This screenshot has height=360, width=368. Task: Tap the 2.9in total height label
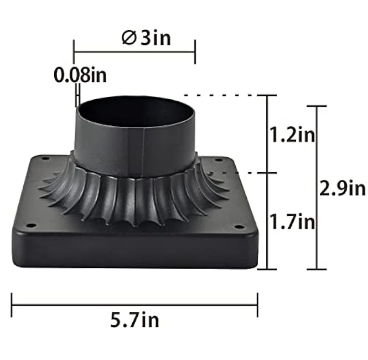[x=343, y=188]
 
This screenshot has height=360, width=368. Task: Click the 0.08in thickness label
[x=80, y=75]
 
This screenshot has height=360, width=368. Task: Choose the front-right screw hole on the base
[x=239, y=227]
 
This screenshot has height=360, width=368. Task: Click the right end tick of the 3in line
[x=195, y=52]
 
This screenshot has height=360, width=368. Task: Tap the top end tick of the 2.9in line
[x=317, y=106]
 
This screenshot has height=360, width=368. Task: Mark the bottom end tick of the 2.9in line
[x=317, y=269]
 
